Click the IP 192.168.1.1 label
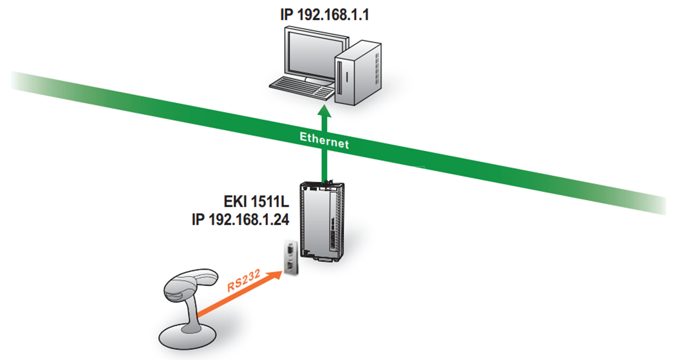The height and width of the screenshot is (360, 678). [325, 14]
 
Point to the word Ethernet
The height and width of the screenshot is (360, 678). [324, 140]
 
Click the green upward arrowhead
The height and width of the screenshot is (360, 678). [324, 111]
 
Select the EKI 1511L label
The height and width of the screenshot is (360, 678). [256, 202]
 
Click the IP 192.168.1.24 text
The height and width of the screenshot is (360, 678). [240, 219]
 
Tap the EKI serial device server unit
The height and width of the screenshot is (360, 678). [322, 221]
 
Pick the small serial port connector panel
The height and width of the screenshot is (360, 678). [291, 258]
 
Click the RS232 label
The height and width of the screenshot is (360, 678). [243, 280]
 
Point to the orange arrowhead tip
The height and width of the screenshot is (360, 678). [283, 272]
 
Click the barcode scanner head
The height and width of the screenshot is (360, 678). [190, 284]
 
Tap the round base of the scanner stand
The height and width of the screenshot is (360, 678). [188, 336]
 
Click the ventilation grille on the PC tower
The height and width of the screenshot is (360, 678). [377, 69]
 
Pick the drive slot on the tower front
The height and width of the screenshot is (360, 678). [340, 77]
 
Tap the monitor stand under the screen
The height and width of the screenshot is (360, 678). [319, 81]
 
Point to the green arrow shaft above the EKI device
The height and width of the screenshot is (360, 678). [324, 149]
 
